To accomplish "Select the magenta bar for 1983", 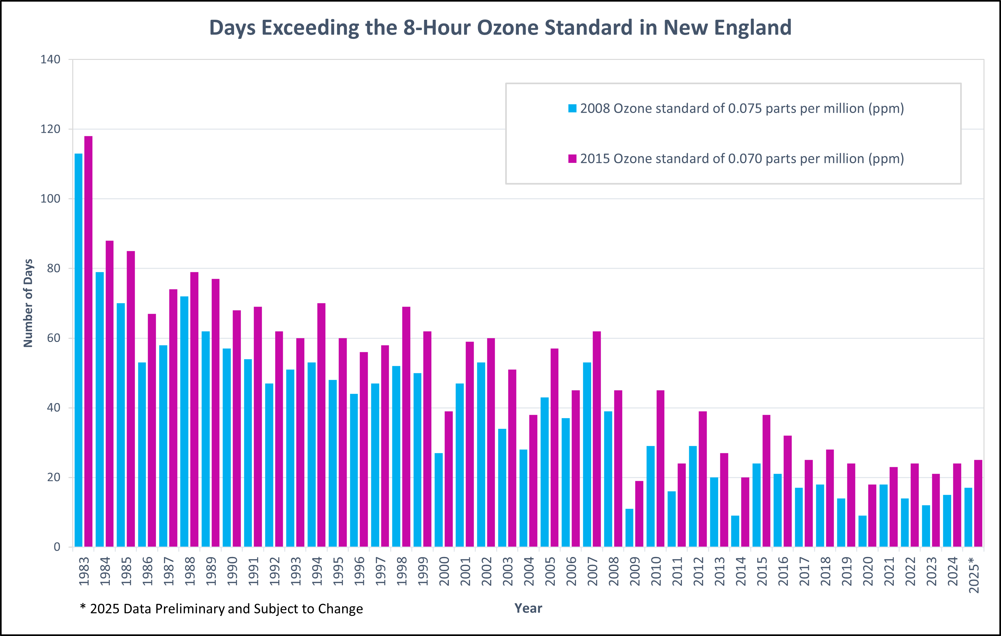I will pos(88,341).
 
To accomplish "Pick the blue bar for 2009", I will pos(629,528).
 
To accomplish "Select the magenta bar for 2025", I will pos(978,503).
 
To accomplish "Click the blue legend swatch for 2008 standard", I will pos(572,108).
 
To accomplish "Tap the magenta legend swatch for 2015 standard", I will pos(572,159).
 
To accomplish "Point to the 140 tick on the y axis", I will pos(50,59).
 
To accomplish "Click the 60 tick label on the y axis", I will pos(53,338).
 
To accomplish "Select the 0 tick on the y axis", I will pos(57,547).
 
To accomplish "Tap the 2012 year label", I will pos(699,571).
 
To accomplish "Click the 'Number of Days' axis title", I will pos(28,303).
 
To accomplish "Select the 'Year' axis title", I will pos(528,608).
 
